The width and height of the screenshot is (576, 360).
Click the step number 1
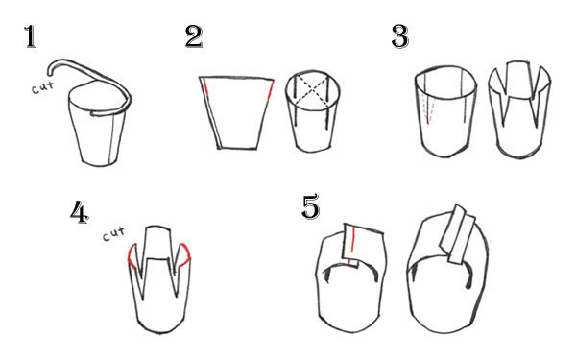(x=31, y=37)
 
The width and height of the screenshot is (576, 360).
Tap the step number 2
(x=194, y=36)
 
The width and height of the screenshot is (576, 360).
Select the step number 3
(x=400, y=36)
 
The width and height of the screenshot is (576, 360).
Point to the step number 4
(x=80, y=212)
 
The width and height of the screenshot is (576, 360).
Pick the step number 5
(x=310, y=207)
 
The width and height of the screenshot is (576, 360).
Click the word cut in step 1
(x=42, y=87)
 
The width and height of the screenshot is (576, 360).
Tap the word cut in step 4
(x=113, y=234)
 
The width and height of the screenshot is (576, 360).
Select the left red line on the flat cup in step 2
(x=205, y=86)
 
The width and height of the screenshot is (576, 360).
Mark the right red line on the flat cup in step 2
(x=271, y=90)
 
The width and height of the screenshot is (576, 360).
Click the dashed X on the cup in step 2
(x=311, y=88)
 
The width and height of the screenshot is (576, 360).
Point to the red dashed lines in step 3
(x=429, y=108)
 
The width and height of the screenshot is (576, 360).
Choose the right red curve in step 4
(x=185, y=254)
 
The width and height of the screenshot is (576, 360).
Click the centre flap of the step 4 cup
(x=158, y=243)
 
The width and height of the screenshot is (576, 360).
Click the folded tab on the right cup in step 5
(x=457, y=234)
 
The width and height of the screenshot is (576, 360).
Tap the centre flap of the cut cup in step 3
(x=518, y=80)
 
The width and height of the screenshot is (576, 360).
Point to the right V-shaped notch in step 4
(x=177, y=272)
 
